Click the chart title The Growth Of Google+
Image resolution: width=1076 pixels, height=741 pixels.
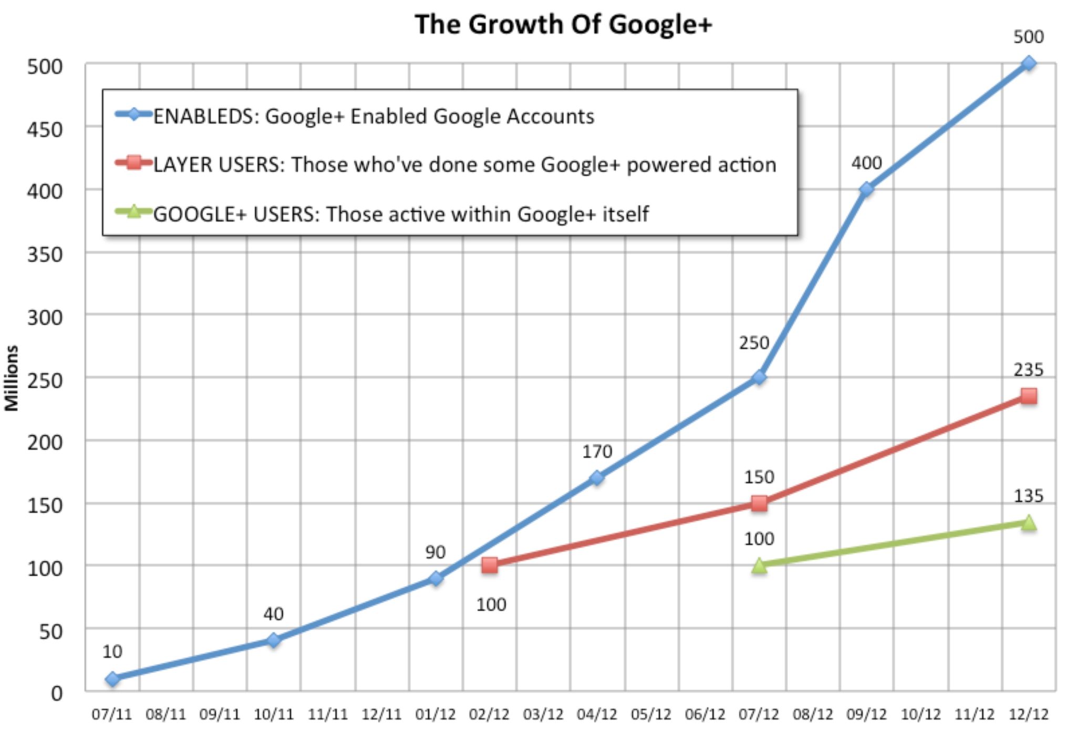[x=563, y=25]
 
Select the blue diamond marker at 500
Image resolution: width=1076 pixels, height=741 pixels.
[x=1028, y=64]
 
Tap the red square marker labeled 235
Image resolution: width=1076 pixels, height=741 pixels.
[x=1028, y=396]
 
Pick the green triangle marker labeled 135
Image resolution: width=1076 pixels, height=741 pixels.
[x=1028, y=522]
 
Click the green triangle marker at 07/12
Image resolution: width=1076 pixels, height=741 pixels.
[x=759, y=565]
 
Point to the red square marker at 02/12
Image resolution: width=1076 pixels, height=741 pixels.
[x=489, y=565]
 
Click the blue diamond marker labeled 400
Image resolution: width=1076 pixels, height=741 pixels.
[x=866, y=189]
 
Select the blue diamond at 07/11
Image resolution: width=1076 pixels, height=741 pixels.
[x=112, y=679]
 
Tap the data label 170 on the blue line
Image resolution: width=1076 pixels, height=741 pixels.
[x=597, y=451]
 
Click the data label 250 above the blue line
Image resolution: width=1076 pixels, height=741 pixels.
[x=753, y=343]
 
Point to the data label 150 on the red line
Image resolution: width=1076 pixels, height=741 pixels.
[x=759, y=477]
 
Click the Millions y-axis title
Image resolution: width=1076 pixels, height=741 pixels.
[x=12, y=378]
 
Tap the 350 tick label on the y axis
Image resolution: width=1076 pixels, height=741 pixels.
[x=45, y=254]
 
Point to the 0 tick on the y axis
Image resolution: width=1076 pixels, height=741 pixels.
[x=56, y=693]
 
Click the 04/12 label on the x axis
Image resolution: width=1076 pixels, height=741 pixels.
[x=597, y=715]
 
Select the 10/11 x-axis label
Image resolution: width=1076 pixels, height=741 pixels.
[x=273, y=715]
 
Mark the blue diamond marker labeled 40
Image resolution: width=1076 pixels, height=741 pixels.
[x=273, y=640]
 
